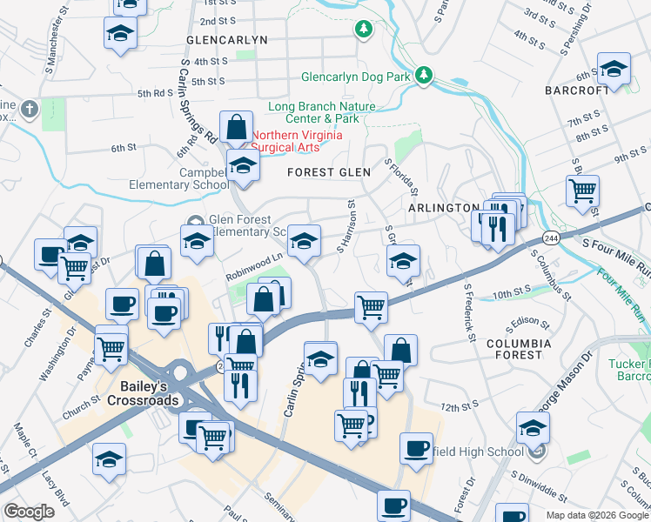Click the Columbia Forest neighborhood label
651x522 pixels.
point(519,350)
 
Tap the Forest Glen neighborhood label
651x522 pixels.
point(330,172)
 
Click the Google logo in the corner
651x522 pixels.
point(29,512)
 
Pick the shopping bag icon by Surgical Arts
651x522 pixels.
point(236,127)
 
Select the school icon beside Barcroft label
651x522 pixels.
point(614,69)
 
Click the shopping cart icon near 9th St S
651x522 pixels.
point(582,189)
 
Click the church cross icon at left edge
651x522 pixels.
point(29,109)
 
